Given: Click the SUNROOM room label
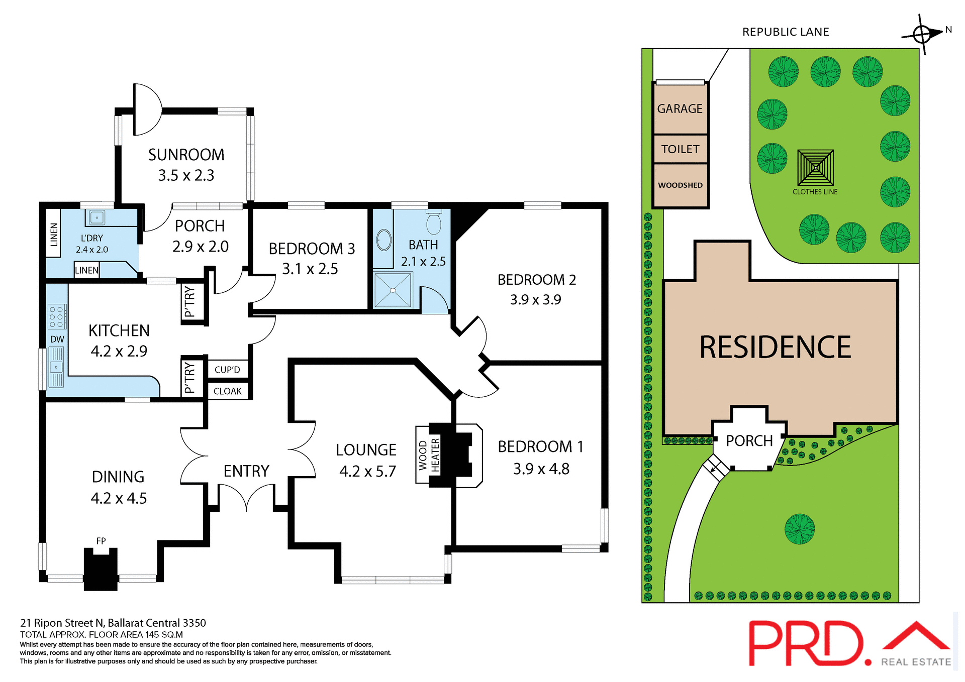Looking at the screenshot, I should click(x=186, y=155).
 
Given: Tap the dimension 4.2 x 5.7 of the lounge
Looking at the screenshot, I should click(x=367, y=472).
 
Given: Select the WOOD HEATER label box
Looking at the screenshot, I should click(x=428, y=456).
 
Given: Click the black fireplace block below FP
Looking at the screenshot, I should click(x=101, y=570).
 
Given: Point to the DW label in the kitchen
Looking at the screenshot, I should click(x=57, y=339).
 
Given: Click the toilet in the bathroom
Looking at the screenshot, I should click(x=433, y=222).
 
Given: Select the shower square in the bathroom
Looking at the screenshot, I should click(x=393, y=290).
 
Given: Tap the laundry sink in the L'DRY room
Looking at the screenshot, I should click(x=96, y=217).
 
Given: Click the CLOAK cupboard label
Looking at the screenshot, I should click(x=227, y=391).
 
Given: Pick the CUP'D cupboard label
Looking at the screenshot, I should click(x=227, y=370).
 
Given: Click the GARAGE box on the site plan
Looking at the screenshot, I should click(x=680, y=108).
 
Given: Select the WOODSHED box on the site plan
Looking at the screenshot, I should click(x=680, y=185).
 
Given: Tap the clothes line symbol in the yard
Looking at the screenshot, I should click(x=815, y=168).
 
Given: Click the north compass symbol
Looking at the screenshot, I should click(x=922, y=34).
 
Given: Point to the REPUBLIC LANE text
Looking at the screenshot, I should click(x=786, y=32).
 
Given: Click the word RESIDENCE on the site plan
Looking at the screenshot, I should click(x=775, y=348).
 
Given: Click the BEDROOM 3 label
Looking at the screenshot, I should click(x=312, y=249).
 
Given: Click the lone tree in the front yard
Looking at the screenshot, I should click(x=799, y=529).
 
